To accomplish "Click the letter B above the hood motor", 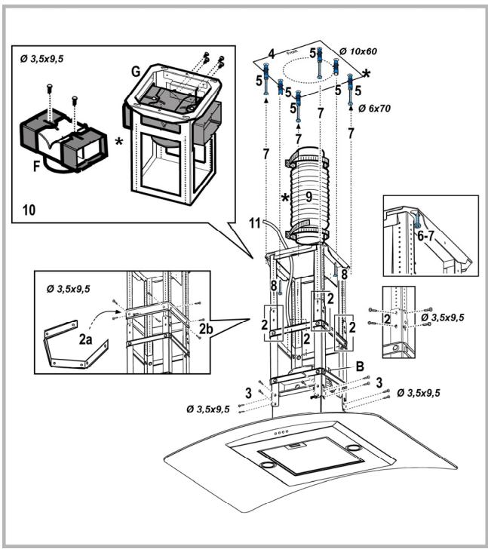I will pyautogui.click(x=360, y=365).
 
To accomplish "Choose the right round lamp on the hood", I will pyautogui.click(x=351, y=449).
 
